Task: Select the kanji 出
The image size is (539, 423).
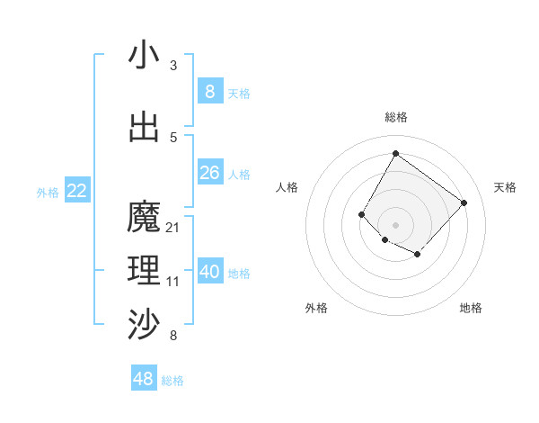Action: click(144, 127)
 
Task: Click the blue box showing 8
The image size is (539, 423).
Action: click(209, 92)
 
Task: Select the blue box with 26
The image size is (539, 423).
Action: click(209, 173)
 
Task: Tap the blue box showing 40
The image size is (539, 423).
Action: click(209, 272)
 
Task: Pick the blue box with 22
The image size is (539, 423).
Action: click(77, 191)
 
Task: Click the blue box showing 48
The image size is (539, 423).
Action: click(144, 379)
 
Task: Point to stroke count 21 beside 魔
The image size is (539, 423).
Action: click(173, 227)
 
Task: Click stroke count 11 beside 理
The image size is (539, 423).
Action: click(173, 282)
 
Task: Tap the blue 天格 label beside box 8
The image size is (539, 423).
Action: click(239, 94)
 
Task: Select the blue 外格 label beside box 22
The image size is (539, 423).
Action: click(48, 192)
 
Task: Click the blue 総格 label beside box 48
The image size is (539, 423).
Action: click(172, 381)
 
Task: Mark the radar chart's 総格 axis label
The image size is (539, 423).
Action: click(395, 117)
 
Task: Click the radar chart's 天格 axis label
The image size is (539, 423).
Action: click(505, 187)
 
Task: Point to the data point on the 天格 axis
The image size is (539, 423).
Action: click(464, 202)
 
